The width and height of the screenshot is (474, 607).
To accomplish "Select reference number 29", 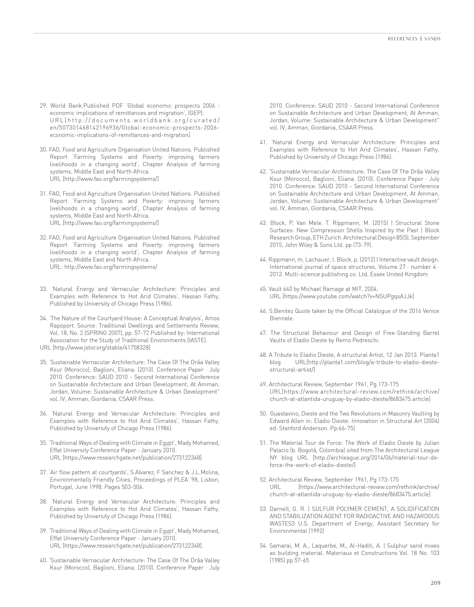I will click(44, 106).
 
